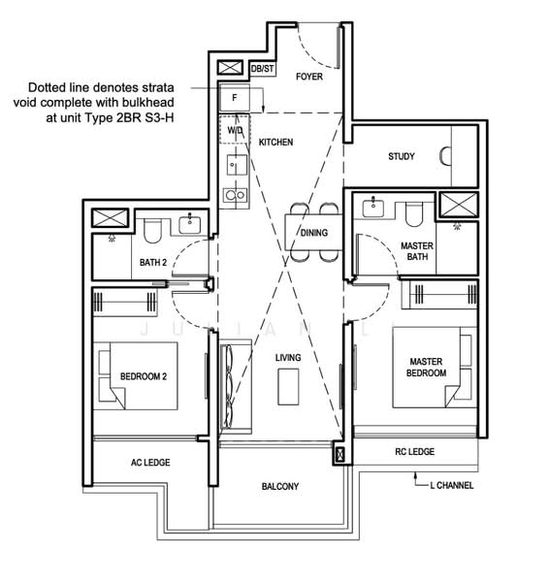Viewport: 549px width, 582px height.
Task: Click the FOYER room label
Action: (309, 76)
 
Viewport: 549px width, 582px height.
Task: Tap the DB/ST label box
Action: (262, 70)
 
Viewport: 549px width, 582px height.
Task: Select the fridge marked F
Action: (234, 98)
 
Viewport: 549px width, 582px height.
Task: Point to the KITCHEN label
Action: (275, 143)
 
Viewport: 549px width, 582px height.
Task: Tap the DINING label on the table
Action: (314, 233)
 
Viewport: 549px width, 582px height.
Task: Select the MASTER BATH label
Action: (417, 252)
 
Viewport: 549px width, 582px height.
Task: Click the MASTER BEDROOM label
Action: (427, 367)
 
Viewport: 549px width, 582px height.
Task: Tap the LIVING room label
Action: (288, 358)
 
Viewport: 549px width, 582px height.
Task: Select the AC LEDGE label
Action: (150, 463)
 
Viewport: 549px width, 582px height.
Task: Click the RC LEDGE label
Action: (415, 452)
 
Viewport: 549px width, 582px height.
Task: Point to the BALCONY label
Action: (280, 486)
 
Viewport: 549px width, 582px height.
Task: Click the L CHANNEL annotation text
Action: (452, 485)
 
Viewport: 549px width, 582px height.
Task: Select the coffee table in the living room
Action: (288, 388)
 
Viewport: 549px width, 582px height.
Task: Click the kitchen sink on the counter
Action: (234, 163)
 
